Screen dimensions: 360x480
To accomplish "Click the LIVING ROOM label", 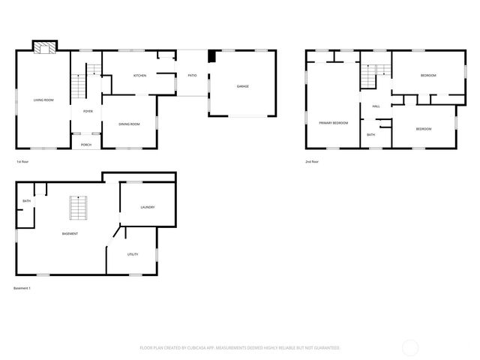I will (43, 100).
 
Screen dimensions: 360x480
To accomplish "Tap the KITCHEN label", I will (139, 76).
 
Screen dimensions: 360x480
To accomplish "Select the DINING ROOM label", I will (130, 124).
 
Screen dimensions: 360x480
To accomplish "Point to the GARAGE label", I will (243, 86).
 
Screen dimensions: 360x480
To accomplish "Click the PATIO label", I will (192, 76).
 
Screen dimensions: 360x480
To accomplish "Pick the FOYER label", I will (88, 111).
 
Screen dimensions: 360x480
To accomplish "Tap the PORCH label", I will (86, 144).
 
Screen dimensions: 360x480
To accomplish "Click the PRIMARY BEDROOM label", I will (333, 122).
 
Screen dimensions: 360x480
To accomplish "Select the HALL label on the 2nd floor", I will (376, 106).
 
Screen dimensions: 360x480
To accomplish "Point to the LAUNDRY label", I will (147, 207).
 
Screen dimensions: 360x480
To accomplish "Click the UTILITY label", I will (132, 254).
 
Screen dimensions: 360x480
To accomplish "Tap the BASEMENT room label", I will (70, 234).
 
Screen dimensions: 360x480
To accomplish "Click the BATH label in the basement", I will (26, 201).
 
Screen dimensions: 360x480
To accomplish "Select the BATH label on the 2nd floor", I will (370, 135).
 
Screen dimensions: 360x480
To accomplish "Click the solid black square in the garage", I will (212, 55).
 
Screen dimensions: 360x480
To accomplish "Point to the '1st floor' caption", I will (22, 162).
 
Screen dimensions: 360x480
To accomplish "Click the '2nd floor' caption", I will (312, 162).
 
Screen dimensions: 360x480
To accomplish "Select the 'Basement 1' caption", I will (22, 288).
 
